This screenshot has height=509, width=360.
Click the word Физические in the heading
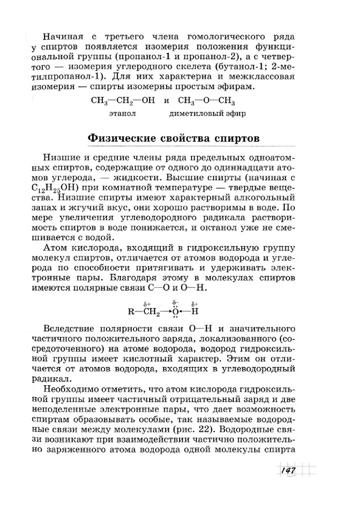tap(123, 138)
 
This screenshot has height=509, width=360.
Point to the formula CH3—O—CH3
tap(205, 101)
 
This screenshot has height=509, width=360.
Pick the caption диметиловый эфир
tap(207, 113)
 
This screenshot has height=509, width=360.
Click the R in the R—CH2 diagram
tap(130, 312)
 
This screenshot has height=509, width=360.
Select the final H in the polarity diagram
tap(194, 312)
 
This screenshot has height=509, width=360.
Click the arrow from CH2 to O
tap(165, 312)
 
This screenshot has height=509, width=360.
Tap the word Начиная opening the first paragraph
tap(62, 37)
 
